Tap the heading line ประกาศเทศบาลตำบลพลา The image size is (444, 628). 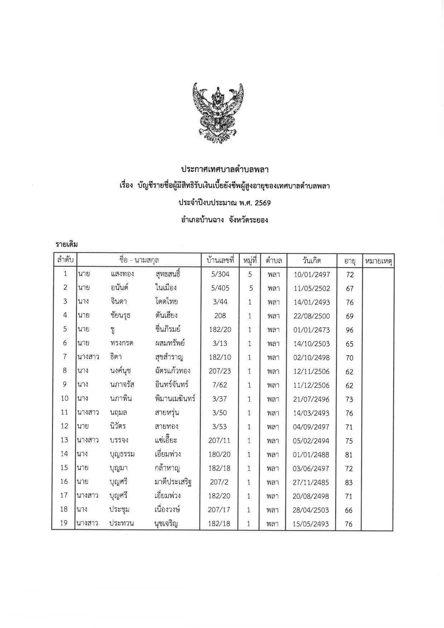coord(225,169)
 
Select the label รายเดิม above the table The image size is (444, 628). coord(67,244)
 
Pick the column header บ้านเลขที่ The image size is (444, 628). coord(220,260)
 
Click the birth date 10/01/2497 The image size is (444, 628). coord(312,275)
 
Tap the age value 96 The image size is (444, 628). coord(349,330)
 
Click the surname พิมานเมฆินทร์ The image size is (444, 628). coord(173,398)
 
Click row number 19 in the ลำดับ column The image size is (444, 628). coord(64,523)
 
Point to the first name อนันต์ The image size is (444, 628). coord(120,288)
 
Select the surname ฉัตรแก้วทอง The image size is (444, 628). coord(170,371)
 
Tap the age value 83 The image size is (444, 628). coord(349,483)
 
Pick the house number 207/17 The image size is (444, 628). coord(219,510)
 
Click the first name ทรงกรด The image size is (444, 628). coord(122,343)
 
